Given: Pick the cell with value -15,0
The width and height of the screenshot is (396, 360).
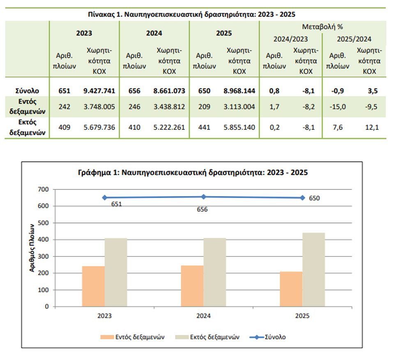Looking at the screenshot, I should (x=337, y=107).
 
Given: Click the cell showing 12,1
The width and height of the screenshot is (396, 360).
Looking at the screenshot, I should (x=371, y=127).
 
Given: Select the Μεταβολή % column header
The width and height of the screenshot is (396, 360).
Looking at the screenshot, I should (x=322, y=27).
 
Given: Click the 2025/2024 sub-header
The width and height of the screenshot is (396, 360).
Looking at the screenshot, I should (x=354, y=39).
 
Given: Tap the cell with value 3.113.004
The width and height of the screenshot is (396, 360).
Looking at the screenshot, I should (x=241, y=107).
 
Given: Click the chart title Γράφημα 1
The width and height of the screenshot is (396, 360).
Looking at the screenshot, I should (x=192, y=173).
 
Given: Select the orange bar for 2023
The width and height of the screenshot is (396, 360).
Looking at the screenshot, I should (x=93, y=286).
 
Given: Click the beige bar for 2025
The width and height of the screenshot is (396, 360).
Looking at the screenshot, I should (x=313, y=270).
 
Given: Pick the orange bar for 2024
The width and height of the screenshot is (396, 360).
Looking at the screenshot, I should (x=192, y=286).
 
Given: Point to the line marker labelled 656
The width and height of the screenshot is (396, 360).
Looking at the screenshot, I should (x=204, y=197).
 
